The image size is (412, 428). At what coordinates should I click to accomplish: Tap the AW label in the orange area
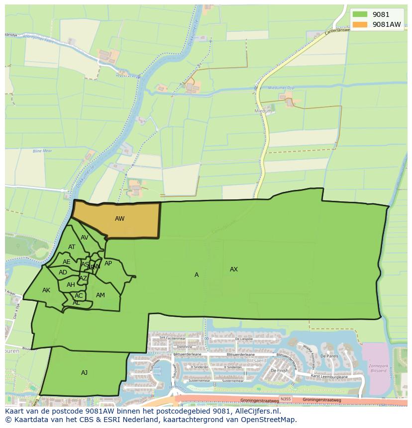pos(119,219)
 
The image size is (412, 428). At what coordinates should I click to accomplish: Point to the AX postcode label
pos(233,269)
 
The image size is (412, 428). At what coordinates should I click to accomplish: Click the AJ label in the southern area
pos(84,372)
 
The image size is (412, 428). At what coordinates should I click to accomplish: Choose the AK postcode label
pos(46,290)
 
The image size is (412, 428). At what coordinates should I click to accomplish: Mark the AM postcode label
pos(100,295)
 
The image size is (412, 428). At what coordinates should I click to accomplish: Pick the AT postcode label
pos(72,247)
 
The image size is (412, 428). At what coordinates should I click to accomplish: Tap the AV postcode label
pos(84,238)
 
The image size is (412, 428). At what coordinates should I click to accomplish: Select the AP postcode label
pos(108,263)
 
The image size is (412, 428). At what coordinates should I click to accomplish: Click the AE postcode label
pos(66,262)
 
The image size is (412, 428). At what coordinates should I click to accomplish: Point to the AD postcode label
pos(63,272)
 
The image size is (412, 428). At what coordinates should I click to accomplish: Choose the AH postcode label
pos(71,285)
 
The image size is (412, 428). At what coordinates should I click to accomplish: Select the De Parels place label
pos(329,356)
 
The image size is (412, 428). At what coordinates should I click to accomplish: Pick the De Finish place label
pos(279,370)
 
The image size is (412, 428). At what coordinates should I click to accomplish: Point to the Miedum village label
pos(264,111)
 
